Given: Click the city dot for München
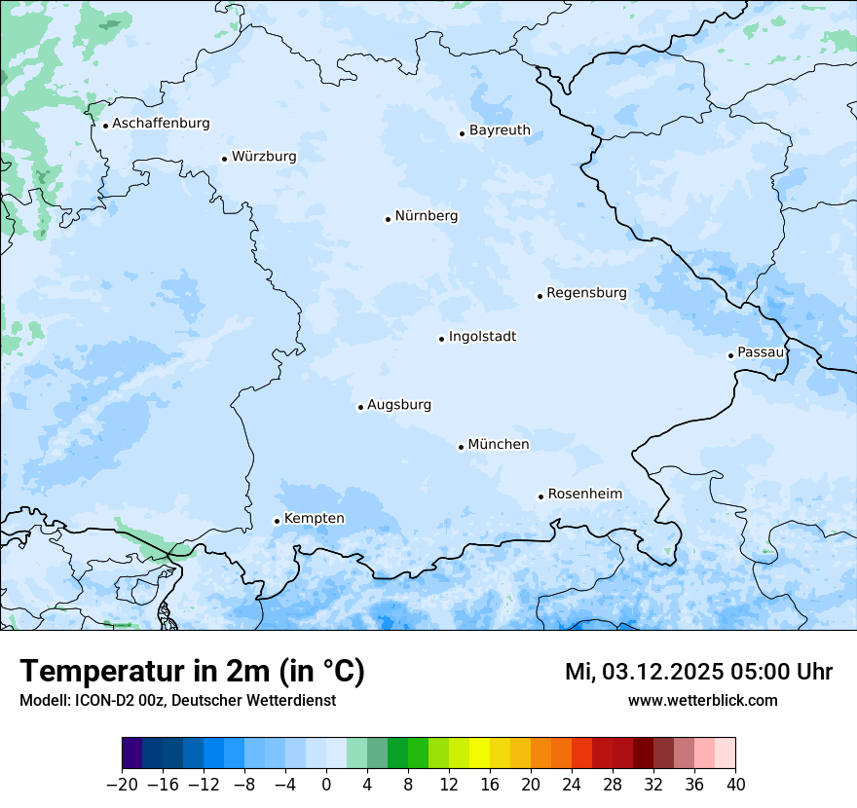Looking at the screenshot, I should (461, 447).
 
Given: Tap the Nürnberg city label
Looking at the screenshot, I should (426, 216).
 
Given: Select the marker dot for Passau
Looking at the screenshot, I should (730, 355).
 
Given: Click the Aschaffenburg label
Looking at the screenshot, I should (161, 124).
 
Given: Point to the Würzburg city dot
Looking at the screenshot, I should (224, 159).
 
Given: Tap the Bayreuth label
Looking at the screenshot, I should (500, 130).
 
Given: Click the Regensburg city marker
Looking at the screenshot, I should (540, 296).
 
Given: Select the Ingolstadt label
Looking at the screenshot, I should (482, 337).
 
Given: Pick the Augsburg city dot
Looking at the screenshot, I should (360, 407).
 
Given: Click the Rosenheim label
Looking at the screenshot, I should (584, 495).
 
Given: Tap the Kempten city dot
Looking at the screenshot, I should (277, 521).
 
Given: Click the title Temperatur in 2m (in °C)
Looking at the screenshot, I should (192, 672).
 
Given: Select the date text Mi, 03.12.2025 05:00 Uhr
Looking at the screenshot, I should (698, 672).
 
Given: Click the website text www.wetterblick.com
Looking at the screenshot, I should (702, 700).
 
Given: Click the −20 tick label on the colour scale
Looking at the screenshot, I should (122, 785).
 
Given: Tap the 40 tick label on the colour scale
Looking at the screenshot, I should (735, 785).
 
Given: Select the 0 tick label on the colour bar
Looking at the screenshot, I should (326, 785).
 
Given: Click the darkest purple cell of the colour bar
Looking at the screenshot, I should (131, 753).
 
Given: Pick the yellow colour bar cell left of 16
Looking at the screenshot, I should (479, 753).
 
